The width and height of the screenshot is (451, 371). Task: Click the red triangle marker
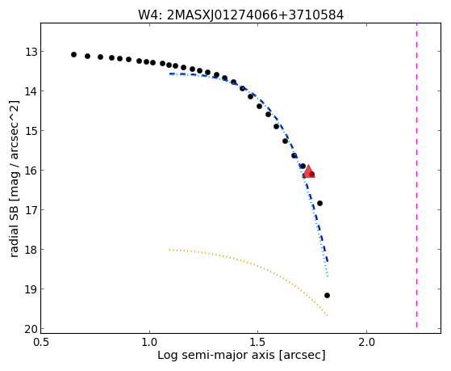[309, 172]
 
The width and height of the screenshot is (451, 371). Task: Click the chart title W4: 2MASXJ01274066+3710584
[241, 15]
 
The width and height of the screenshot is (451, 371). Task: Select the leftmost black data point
[73, 54]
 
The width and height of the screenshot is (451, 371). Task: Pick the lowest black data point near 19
[327, 296]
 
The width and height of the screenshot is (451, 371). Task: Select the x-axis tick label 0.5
[41, 342]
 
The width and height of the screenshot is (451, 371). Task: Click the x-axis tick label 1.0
[149, 342]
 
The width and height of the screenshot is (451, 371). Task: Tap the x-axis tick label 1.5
[258, 342]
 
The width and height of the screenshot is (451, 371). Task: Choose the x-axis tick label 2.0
[366, 342]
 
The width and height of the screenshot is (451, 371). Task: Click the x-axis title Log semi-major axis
[216, 355]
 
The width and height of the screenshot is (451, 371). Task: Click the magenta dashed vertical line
[416, 176]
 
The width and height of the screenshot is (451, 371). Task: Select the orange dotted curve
[261, 267]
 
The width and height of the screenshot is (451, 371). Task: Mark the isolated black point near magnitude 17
[319, 203]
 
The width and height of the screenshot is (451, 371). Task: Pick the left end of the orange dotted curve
[169, 250]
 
